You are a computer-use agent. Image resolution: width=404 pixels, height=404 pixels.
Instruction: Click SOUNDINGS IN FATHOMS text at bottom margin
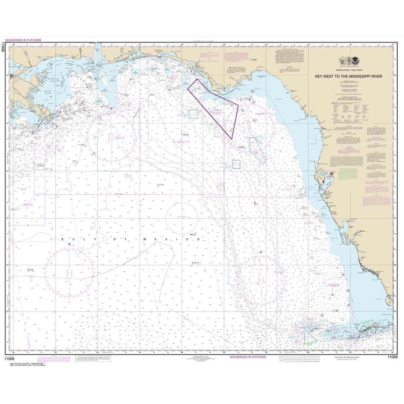[x=247, y=357]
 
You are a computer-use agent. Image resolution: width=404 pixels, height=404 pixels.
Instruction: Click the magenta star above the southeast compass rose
[x=261, y=252]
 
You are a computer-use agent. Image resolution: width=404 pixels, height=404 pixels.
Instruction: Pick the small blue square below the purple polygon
[x=236, y=164]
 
